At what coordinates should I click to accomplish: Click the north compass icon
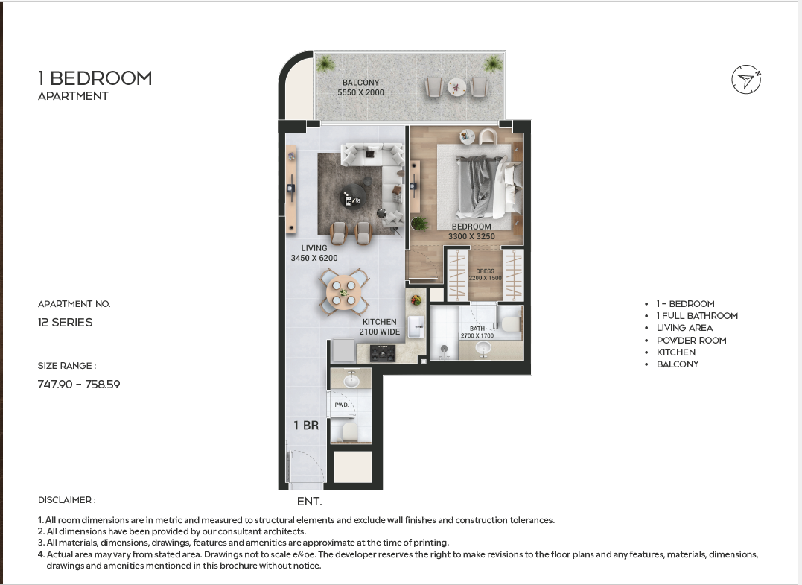(746, 79)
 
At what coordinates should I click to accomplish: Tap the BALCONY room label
(360, 83)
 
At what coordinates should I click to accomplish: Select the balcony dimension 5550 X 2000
(360, 92)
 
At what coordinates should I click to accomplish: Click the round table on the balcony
(456, 86)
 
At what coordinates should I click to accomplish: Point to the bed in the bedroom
(489, 186)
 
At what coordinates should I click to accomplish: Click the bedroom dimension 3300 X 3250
(471, 236)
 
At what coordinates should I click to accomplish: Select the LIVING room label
(314, 248)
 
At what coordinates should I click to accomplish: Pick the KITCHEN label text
(380, 322)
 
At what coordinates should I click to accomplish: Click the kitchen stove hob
(383, 353)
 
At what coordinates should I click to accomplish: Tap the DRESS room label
(485, 271)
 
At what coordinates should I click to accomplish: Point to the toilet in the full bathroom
(509, 324)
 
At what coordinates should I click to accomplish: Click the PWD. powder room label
(342, 405)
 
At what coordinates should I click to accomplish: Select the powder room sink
(351, 380)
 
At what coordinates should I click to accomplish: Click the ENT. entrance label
(310, 502)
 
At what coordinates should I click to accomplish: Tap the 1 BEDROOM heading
(95, 78)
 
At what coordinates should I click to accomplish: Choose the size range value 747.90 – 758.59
(79, 385)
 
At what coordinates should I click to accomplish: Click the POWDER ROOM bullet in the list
(692, 341)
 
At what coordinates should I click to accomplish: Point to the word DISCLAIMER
(65, 500)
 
